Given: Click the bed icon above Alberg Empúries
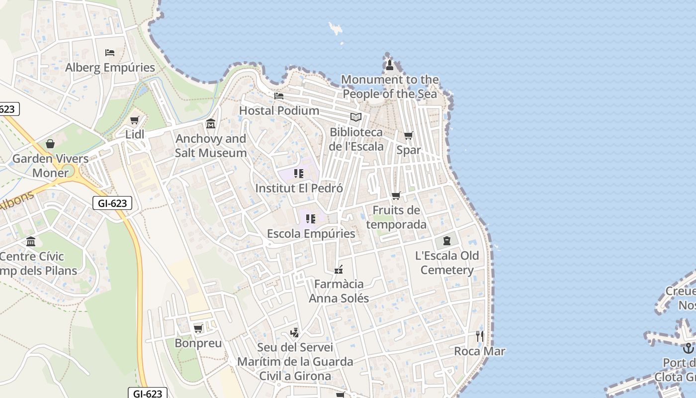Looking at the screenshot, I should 110,52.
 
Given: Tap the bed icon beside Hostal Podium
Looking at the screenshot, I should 279,96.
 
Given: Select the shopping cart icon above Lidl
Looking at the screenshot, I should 134,120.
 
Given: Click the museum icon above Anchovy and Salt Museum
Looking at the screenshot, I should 211,123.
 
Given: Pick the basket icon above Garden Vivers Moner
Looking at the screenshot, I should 50,144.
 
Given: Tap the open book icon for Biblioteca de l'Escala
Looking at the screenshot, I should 356,117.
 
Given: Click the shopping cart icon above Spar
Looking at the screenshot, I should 409,135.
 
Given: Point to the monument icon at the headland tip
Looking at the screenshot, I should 390,65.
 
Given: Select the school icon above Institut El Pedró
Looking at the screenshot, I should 299,174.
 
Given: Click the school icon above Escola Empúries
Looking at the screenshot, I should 311,219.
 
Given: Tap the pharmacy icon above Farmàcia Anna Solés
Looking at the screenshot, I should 339,270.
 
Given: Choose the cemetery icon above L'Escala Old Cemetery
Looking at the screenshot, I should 447,241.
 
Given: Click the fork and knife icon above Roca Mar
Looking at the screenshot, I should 480,336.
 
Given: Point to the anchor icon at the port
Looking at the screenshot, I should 689,348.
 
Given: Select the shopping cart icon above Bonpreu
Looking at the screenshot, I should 198,328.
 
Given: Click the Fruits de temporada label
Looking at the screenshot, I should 396,217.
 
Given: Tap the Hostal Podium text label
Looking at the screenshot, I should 279,110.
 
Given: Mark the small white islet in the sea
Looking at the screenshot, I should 336,28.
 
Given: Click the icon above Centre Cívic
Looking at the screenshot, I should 31,242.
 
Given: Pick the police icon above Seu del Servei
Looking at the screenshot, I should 295,332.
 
